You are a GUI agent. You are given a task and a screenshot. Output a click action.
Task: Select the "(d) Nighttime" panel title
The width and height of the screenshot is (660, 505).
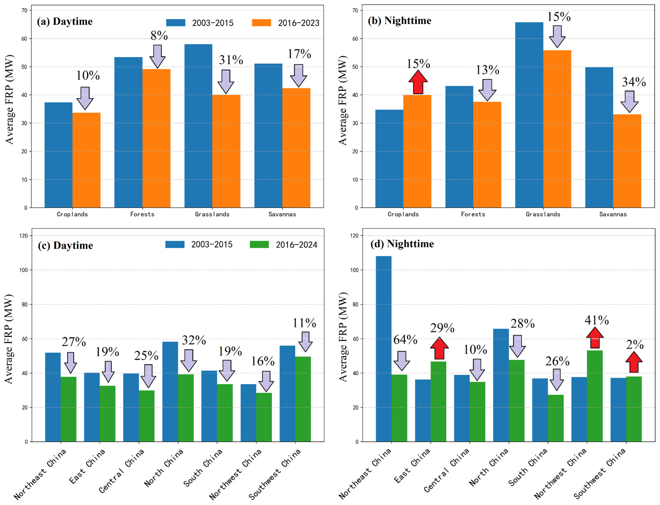(402, 244)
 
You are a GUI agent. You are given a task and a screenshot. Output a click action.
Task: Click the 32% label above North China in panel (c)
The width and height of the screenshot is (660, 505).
(194, 340)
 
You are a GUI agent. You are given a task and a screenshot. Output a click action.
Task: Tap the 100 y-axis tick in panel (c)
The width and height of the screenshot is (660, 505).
(23, 270)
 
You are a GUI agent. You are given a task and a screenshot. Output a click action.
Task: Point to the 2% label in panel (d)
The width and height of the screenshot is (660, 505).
(634, 345)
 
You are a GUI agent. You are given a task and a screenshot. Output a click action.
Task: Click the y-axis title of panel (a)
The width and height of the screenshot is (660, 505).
(9, 99)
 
